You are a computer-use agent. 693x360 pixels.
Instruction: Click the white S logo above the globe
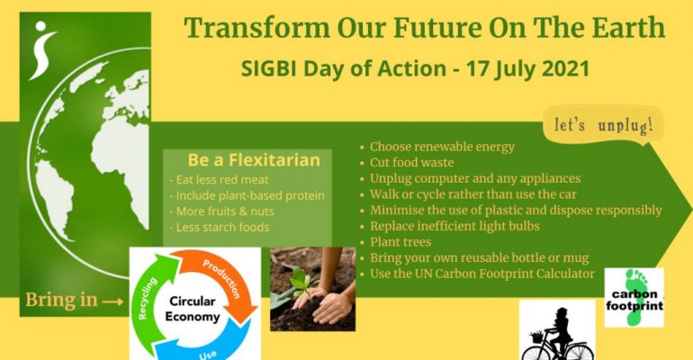point(42,52)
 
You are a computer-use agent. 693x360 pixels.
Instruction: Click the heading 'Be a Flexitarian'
point(254,160)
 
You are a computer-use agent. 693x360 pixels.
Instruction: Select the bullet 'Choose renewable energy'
point(442,147)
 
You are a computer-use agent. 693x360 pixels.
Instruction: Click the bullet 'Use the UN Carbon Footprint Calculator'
point(482,273)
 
